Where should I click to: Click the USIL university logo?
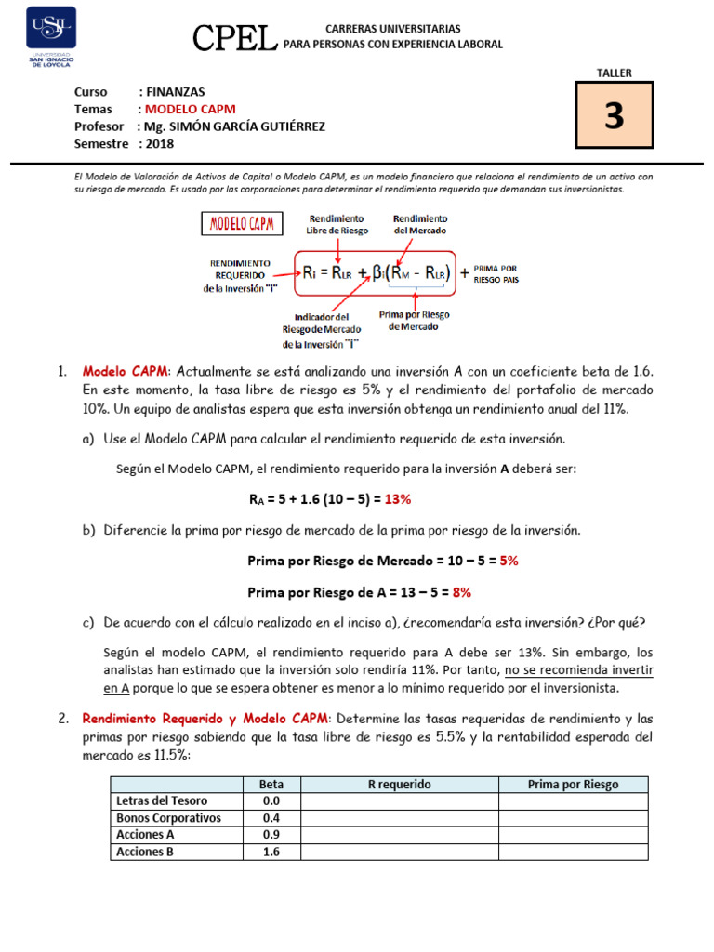(49, 36)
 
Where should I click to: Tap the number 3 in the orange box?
(614, 116)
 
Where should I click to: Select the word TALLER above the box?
(614, 73)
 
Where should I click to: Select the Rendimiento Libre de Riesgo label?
(338, 223)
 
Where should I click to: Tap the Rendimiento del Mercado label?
(421, 223)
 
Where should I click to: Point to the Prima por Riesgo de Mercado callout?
(415, 321)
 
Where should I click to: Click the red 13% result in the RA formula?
(397, 499)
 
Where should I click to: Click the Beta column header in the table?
(271, 784)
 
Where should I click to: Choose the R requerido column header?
(399, 784)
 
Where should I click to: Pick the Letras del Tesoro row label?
(162, 800)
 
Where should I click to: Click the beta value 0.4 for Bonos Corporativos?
(271, 817)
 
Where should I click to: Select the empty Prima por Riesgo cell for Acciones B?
(573, 851)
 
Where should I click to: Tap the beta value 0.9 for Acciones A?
(271, 834)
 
